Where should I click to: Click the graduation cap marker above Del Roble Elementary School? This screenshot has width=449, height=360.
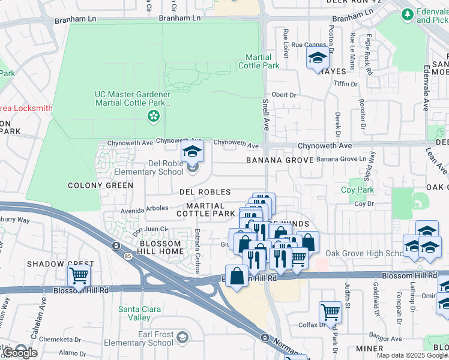193,151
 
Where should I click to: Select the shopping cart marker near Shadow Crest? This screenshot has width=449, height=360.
79,276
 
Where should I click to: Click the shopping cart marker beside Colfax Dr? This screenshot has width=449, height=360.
330,311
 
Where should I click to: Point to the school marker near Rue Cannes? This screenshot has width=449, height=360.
317,59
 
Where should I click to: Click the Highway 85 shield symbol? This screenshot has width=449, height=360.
115,245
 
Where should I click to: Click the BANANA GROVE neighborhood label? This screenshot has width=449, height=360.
280,160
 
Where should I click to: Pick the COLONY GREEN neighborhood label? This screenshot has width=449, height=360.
100,185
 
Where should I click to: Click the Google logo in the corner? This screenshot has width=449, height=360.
20,353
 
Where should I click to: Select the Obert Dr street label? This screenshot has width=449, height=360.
284,95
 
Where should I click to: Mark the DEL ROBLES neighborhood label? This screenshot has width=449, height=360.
205,192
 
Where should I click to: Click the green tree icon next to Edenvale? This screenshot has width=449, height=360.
408,13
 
